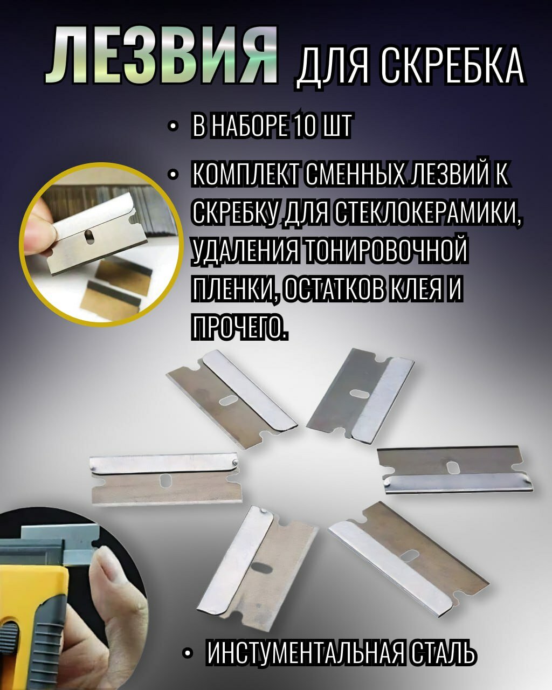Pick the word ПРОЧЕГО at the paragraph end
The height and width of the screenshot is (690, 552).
coord(238,325)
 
